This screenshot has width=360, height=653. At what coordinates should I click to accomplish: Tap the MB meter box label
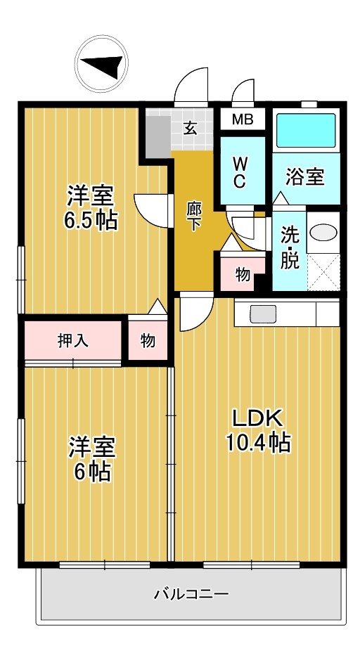[x=243, y=119]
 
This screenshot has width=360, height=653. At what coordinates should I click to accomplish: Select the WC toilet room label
[x=239, y=172]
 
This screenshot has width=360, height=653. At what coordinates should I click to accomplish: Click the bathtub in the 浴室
[x=306, y=131]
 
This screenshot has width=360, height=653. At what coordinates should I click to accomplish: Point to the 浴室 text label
[x=306, y=177]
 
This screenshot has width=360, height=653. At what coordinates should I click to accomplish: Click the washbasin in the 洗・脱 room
[x=323, y=233]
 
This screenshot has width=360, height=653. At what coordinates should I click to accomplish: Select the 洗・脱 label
[x=290, y=247]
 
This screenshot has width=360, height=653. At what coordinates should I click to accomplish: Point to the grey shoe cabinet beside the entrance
[x=158, y=134]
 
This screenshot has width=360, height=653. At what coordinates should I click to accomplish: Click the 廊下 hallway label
[x=194, y=216]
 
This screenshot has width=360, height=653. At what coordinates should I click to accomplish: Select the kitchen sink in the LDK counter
[x=264, y=313]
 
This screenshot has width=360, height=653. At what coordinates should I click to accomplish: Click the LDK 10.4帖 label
[x=257, y=430]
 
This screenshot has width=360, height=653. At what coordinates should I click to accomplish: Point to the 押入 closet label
[x=73, y=341]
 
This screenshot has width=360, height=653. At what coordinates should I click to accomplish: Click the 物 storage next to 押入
[x=148, y=341]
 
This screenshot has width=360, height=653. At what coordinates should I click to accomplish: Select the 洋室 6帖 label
[x=91, y=458]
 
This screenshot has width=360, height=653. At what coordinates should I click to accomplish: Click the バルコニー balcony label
[x=191, y=595]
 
